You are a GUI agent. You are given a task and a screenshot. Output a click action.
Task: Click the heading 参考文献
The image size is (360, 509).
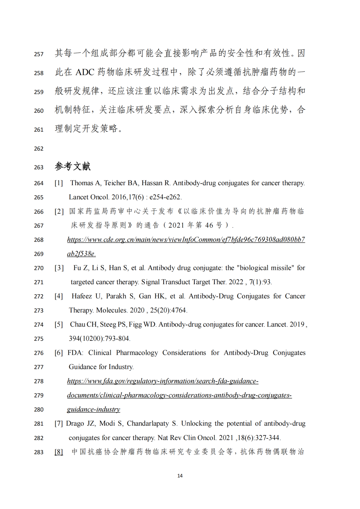[73, 166]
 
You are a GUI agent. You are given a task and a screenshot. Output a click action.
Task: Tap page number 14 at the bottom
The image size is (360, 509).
[180, 476]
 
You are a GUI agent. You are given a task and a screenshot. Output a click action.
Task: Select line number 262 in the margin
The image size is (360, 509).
[39, 149]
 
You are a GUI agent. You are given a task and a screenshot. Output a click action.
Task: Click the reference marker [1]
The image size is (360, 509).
[59, 183]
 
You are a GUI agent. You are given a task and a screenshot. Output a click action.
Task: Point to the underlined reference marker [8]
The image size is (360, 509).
[59, 452]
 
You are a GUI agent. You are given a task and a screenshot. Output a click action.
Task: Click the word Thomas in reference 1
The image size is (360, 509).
[82, 183]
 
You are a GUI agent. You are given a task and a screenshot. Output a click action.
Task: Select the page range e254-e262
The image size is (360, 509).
[165, 197]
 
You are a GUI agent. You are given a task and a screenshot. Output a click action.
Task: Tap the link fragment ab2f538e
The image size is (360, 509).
[81, 254]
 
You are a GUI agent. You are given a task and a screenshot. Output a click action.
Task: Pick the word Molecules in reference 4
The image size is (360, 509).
[111, 310]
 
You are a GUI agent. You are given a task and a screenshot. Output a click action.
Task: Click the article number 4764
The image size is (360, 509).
[178, 310]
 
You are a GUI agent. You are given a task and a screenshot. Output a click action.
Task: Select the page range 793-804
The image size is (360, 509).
[117, 338]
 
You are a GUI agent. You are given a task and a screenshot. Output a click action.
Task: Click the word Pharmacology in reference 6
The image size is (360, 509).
[137, 353]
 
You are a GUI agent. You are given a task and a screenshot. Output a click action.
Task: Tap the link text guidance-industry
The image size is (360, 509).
[93, 409]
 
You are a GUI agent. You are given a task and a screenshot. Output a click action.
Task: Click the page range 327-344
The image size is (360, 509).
[267, 438]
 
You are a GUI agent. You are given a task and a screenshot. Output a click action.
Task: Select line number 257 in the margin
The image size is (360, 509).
[39, 54]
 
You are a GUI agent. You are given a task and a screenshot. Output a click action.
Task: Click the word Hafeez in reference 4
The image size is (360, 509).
[82, 296]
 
